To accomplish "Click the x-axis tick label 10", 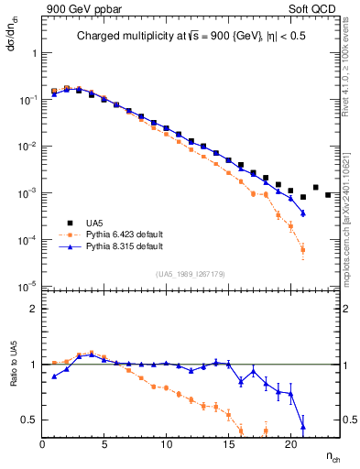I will (x=167, y=445).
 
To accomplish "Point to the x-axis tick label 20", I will (x=290, y=445).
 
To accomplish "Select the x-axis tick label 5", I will (x=104, y=445).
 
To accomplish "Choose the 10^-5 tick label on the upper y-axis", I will (x=27, y=288).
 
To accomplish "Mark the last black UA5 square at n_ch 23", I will (x=328, y=194).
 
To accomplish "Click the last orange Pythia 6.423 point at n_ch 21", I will (x=302, y=249).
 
